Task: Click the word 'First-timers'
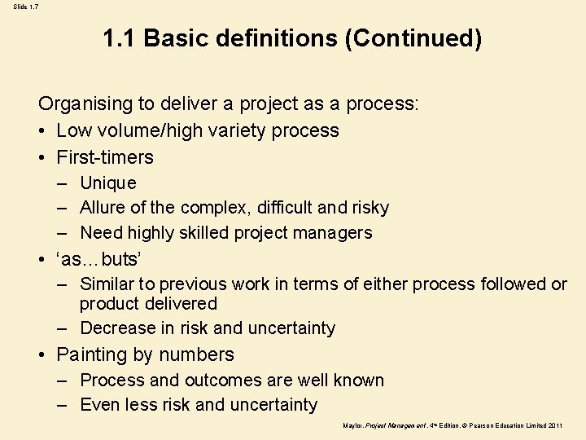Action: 105,157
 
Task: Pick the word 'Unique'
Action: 108,183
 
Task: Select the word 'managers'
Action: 335,232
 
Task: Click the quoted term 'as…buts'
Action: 99,260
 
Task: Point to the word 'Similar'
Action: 107,284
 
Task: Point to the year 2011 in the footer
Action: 556,425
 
